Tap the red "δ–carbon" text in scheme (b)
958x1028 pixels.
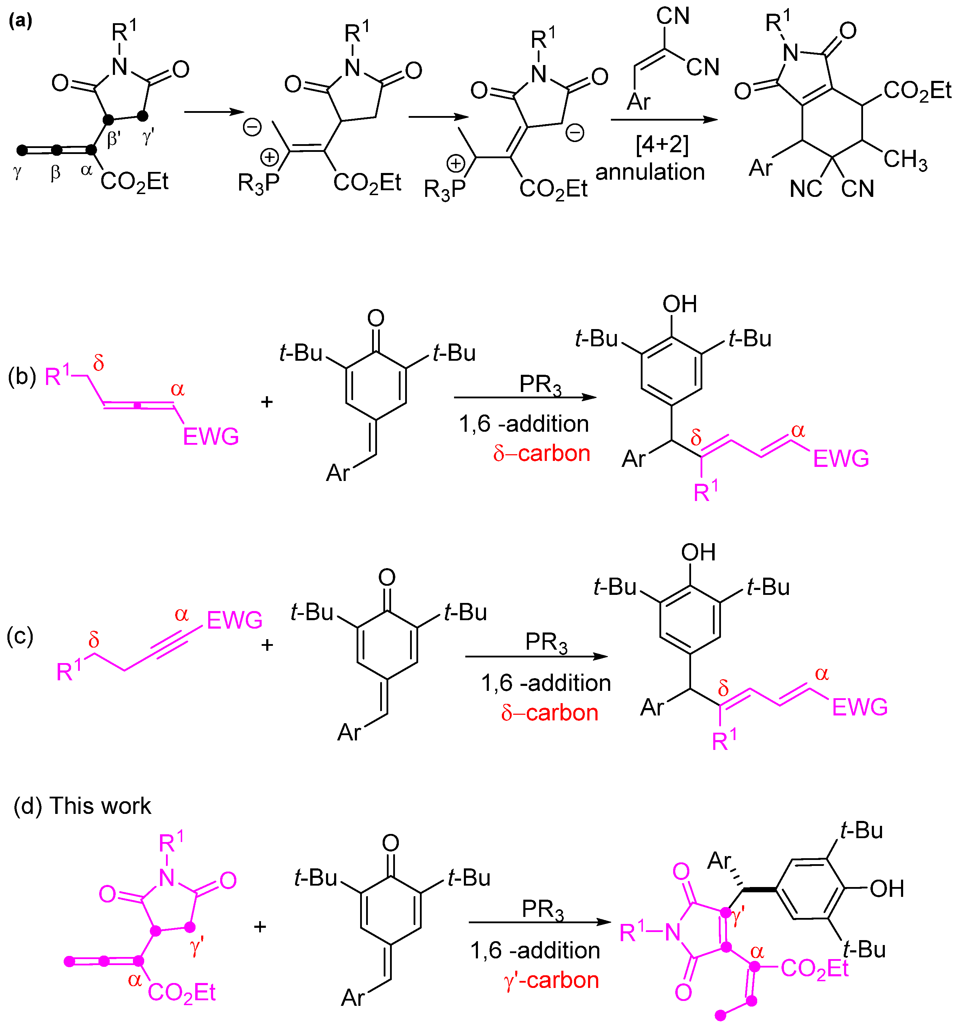pyautogui.click(x=541, y=454)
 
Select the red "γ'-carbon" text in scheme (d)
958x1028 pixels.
pyautogui.click(x=551, y=980)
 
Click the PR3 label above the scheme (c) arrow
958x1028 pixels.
pyautogui.click(x=546, y=642)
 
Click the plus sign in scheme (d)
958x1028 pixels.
pyautogui.click(x=260, y=926)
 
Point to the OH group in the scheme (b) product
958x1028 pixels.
pyautogui.click(x=680, y=304)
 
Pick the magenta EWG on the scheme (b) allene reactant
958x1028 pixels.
pyautogui.click(x=211, y=436)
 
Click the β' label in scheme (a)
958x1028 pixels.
pyautogui.click(x=113, y=139)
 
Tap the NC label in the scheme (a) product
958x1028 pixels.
pyautogui.click(x=805, y=189)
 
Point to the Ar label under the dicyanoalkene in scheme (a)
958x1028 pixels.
pyautogui.click(x=638, y=101)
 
